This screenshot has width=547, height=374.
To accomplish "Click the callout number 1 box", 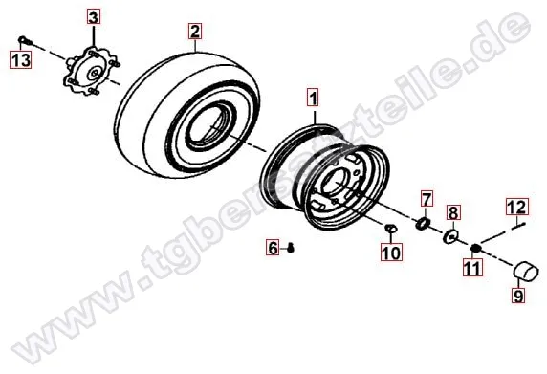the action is (314, 97).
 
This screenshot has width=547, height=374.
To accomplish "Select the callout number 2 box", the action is (195, 31).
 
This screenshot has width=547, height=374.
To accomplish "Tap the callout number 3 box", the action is (93, 17).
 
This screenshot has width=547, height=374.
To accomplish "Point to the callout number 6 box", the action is (273, 248).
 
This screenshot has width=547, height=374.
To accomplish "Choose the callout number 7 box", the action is (427, 199).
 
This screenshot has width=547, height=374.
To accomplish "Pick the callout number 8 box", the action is (453, 212).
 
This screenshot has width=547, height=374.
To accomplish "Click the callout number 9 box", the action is (518, 296).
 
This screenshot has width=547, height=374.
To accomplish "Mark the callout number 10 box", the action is (391, 252).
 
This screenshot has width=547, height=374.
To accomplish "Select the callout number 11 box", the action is (472, 268).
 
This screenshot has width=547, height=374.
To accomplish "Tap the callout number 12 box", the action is (517, 207).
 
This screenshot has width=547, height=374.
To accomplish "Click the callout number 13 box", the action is (21, 59).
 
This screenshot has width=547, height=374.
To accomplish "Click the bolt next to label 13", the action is (26, 41).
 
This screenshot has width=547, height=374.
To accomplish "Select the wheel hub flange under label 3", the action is (92, 72).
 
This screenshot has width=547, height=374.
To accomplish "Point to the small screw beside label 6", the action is (291, 248).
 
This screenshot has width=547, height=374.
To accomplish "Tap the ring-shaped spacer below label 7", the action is (423, 223).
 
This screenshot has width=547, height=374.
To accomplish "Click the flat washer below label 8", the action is (450, 236).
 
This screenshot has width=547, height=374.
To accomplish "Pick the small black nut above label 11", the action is (474, 248).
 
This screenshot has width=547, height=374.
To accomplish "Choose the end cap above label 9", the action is (527, 271).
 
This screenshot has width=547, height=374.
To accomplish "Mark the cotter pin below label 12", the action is (519, 226).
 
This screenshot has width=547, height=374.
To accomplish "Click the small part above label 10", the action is (391, 228).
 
